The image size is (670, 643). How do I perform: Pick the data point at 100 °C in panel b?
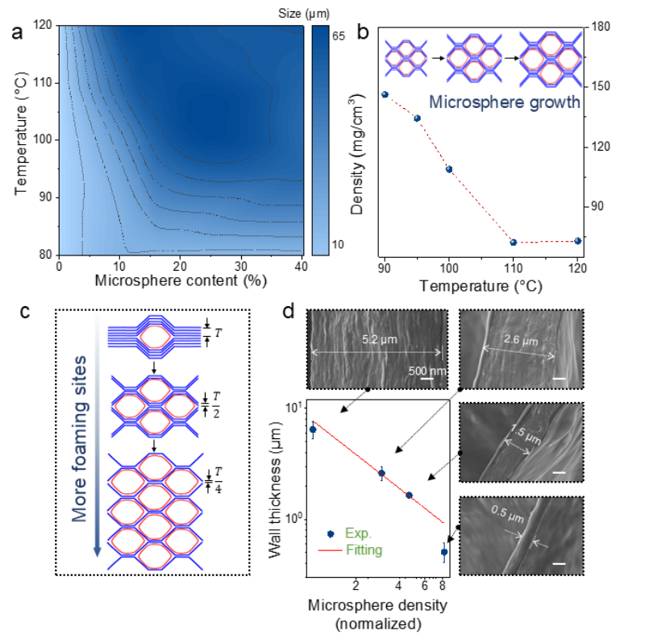coord(449,169)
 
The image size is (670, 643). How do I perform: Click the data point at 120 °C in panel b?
coord(578,241)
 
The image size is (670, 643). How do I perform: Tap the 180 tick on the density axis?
coord(601,27)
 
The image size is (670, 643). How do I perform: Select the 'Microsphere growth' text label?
coord(504,102)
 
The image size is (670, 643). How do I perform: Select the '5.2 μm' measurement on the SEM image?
coord(377,340)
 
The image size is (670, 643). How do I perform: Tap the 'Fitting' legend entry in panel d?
coord(364,550)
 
